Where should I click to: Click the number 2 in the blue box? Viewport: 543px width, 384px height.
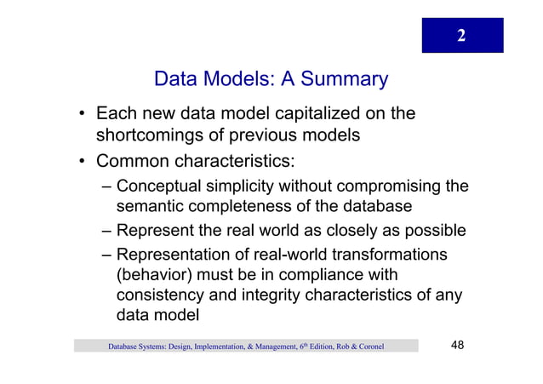(461, 36)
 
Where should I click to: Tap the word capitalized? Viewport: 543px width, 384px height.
(323, 113)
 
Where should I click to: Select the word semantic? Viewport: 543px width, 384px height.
(151, 207)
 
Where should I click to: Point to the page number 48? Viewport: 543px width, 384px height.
(456, 345)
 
